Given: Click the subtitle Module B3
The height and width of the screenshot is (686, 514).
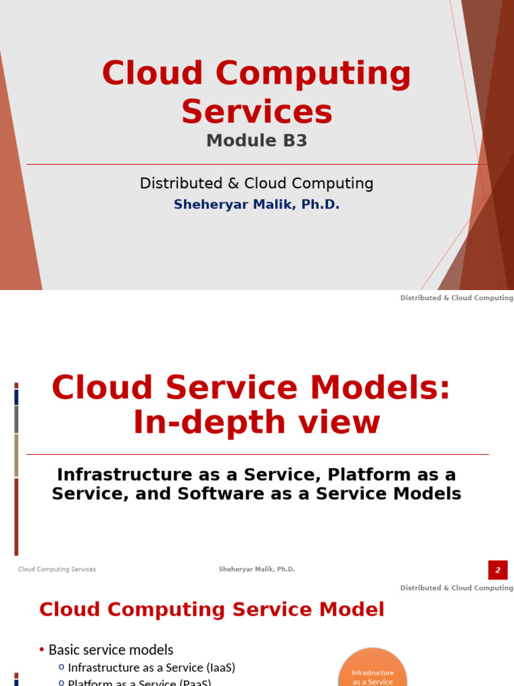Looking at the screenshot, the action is tap(256, 141).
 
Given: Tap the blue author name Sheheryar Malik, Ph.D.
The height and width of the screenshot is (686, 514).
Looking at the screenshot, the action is tap(256, 204).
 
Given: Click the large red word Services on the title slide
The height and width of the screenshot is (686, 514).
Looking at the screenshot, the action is tap(257, 112).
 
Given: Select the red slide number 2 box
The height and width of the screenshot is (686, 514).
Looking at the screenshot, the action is tap(498, 569).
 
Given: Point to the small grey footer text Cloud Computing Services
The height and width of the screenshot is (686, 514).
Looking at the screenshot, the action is tap(57, 569).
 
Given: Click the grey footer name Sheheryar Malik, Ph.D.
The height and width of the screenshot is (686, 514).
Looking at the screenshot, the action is tap(256, 569).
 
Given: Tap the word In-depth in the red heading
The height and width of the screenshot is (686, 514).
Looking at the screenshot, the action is tap(209, 423).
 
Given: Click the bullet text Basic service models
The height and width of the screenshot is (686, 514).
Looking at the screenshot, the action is tap(111, 650).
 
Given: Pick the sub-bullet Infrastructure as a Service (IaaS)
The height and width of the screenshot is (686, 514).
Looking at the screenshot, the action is tap(151, 668).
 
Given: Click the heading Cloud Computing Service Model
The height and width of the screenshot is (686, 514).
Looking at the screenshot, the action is tap(212, 610).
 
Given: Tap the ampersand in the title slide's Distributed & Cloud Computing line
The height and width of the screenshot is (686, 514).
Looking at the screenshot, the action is tap(234, 184).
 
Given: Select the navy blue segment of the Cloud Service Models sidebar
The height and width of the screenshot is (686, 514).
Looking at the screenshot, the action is tap(17, 397).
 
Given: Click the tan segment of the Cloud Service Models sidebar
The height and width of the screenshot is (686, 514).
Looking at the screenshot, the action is tap(17, 456).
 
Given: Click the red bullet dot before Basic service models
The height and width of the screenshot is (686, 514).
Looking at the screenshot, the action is tap(41, 650).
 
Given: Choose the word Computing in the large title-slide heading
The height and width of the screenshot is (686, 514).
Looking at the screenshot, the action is tap(313, 74).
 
